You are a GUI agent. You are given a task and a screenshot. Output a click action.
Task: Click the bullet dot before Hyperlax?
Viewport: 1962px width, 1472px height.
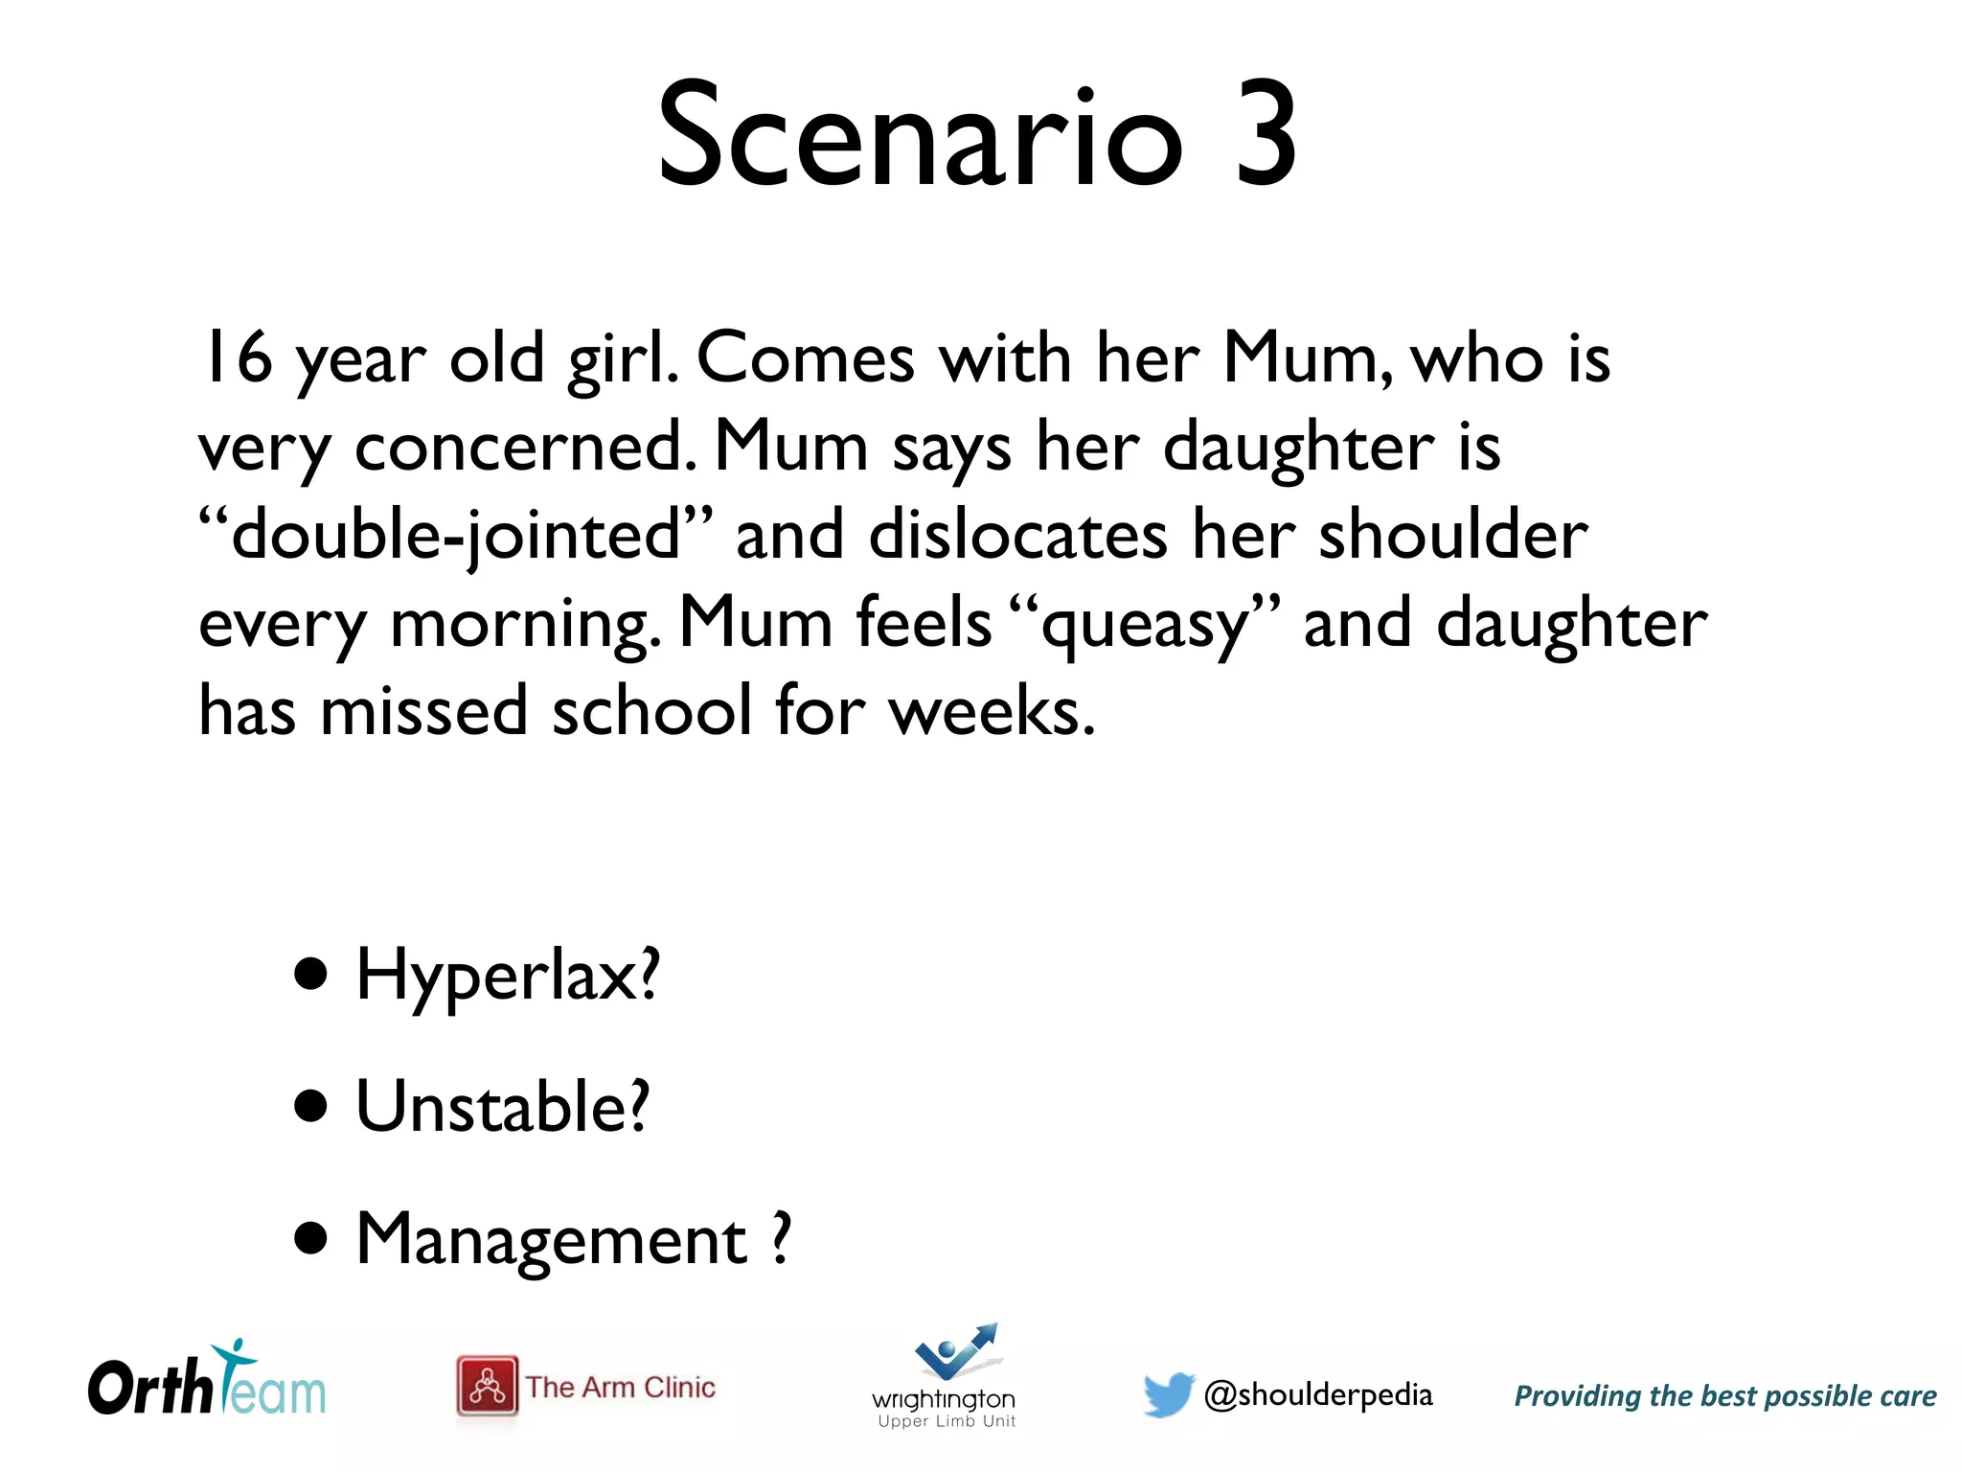point(311,975)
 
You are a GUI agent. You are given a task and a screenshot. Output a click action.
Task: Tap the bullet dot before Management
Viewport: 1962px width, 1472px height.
point(311,1238)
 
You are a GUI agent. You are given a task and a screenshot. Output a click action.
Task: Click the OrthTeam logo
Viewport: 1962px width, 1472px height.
point(207,1382)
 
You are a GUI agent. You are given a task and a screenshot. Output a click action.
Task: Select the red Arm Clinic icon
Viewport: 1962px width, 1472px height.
point(487,1386)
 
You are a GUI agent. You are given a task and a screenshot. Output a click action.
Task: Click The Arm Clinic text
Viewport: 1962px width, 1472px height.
point(621,1388)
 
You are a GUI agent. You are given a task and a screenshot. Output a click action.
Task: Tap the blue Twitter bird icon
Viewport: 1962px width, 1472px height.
point(1168,1393)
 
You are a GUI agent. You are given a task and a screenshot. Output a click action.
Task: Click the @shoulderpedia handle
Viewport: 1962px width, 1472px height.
point(1318,1395)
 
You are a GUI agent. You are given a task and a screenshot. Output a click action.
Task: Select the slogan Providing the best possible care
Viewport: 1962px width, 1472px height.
point(1724,1396)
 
